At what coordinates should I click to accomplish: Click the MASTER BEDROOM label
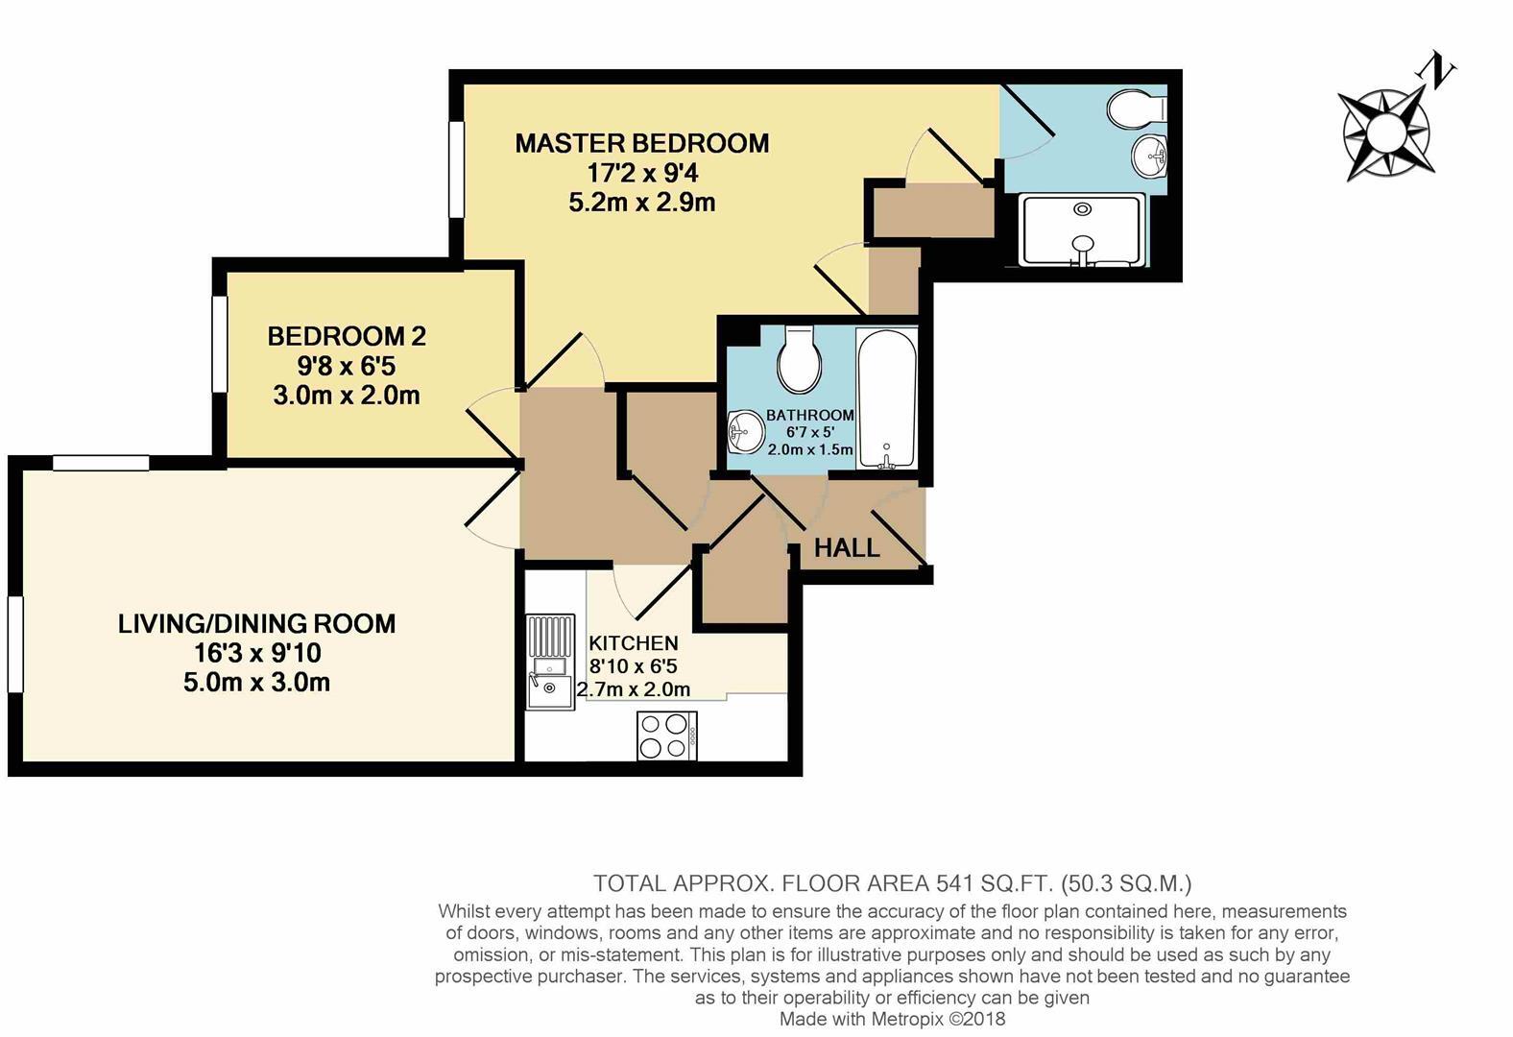click(641, 143)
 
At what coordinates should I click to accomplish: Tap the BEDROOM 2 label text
click(347, 336)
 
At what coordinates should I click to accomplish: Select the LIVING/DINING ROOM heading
click(256, 623)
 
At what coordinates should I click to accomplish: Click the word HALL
click(847, 547)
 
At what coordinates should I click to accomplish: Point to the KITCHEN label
click(634, 643)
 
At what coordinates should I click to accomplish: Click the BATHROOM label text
click(809, 415)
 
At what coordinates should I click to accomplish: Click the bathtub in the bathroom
click(886, 398)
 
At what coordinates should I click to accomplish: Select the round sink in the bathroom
click(743, 431)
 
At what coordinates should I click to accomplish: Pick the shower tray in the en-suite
click(1083, 229)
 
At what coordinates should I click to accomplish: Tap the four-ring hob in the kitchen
click(667, 736)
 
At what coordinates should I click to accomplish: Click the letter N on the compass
click(1438, 72)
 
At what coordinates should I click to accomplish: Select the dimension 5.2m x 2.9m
click(641, 203)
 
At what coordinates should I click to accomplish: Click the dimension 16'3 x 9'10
click(256, 653)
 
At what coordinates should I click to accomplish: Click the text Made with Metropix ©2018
click(892, 1019)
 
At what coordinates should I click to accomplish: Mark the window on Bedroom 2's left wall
click(220, 344)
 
